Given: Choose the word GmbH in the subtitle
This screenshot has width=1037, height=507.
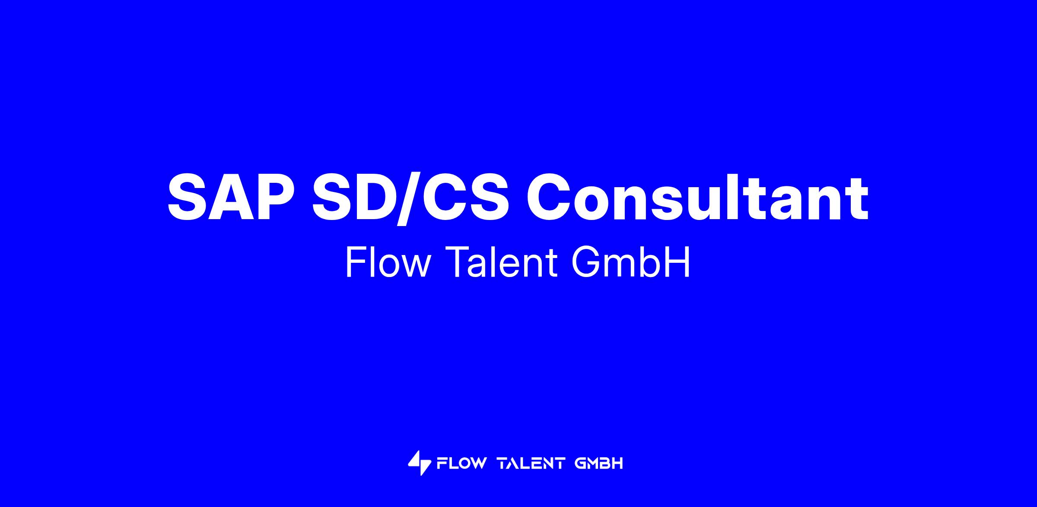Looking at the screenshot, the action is [631, 262].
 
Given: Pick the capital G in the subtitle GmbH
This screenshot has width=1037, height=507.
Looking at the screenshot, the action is [585, 262].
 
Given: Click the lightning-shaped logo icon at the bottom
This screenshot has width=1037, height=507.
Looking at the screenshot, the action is [419, 463].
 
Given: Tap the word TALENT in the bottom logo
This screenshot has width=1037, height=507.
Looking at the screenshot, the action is [531, 464].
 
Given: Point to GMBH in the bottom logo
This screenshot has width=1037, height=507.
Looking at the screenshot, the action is [599, 464].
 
